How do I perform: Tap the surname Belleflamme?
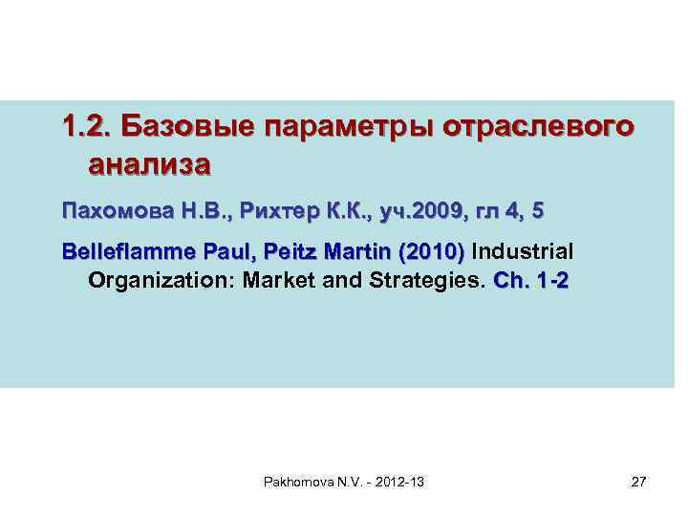coord(122,252)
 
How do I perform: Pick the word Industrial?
coord(524,252)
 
